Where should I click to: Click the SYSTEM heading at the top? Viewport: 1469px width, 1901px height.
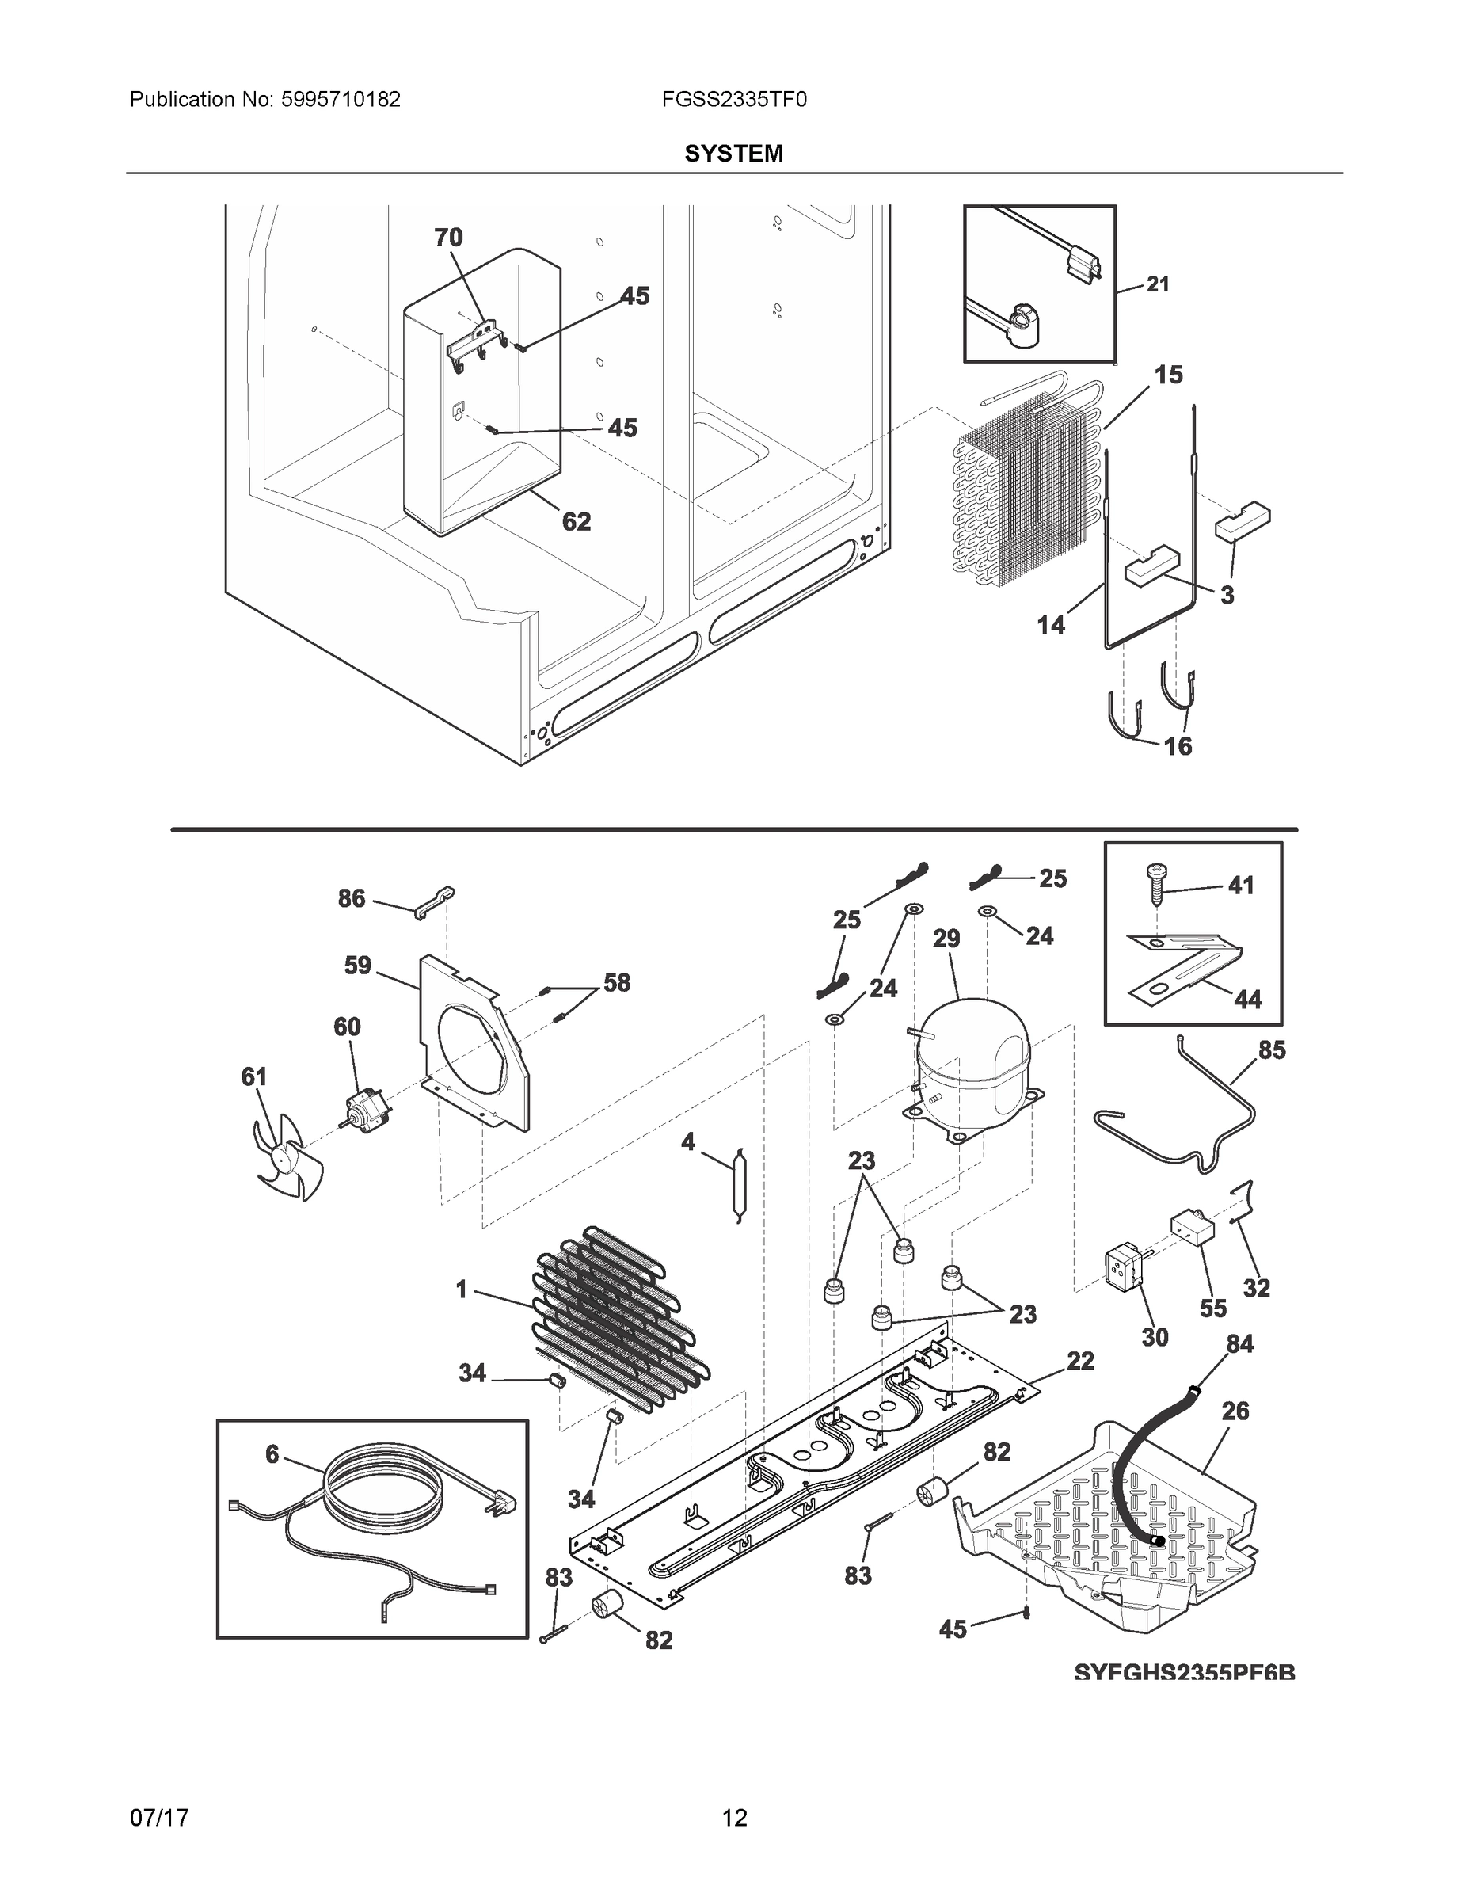point(733,154)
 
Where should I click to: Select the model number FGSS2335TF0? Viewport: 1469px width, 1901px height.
point(733,100)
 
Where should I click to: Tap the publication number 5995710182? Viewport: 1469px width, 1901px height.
point(340,100)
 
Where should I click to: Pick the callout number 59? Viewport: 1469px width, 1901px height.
point(358,966)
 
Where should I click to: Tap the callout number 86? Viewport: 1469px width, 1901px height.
point(352,898)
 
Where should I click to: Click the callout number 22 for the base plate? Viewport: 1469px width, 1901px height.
point(1080,1361)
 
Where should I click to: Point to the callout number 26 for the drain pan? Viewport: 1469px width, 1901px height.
point(1235,1411)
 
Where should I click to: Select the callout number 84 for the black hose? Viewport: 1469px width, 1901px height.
point(1240,1344)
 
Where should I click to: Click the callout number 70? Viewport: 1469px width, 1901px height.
point(449,237)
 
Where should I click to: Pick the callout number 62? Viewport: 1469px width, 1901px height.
point(576,521)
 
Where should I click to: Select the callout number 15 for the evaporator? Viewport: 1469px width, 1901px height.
point(1168,375)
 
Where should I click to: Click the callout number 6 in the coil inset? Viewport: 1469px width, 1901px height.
point(272,1453)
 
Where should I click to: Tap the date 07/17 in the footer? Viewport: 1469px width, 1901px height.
point(159,1819)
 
